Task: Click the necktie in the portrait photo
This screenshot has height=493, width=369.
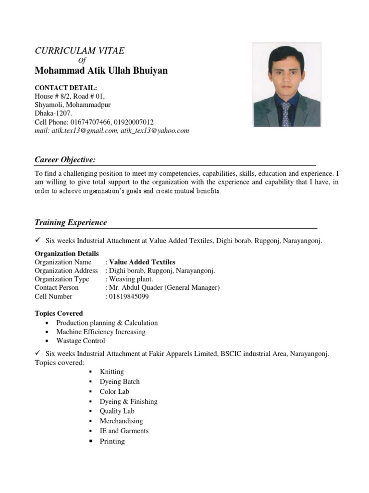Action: [286, 114]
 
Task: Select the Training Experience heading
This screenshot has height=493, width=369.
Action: [71, 222]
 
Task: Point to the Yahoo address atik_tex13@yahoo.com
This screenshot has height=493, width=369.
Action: [155, 130]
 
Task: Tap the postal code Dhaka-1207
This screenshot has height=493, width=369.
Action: [53, 113]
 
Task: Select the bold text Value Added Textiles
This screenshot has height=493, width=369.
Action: [142, 262]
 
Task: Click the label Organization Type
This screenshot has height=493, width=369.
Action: [61, 279]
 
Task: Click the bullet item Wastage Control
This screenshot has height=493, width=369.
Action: [80, 341]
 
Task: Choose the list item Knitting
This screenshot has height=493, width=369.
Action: [111, 372]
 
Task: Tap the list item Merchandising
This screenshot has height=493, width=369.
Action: [121, 421]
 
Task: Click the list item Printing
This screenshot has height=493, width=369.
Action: [112, 441]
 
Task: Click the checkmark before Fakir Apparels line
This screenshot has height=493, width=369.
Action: [38, 353]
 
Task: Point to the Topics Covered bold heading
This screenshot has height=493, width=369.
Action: [59, 313]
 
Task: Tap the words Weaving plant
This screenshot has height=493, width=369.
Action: [131, 279]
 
